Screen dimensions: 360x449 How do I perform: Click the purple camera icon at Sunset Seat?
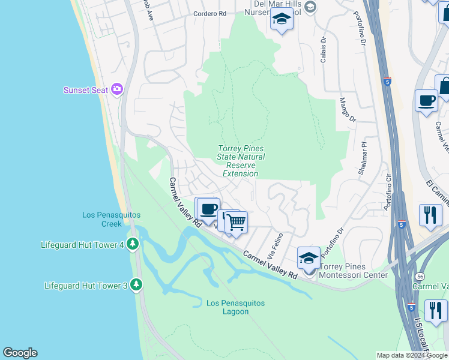coord(117,90)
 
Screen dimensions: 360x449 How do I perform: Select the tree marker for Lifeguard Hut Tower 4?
coord(133,244)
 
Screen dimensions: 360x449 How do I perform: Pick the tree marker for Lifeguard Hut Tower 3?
coord(136,285)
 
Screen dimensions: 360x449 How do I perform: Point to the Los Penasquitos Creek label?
coord(103,220)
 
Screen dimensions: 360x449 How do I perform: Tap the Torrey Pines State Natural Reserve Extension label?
coord(240,161)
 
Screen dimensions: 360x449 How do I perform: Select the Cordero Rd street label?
coord(209,13)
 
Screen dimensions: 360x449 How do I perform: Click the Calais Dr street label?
coord(323,49)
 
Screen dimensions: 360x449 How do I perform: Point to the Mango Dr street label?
coord(348,110)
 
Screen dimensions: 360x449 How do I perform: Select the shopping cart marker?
coord(237,221)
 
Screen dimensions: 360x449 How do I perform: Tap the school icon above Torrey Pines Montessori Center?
coord(309,258)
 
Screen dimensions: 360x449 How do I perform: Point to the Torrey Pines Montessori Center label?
coord(353,271)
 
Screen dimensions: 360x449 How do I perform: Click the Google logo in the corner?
coord(20,353)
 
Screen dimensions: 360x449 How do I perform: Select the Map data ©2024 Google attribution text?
coord(412,355)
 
